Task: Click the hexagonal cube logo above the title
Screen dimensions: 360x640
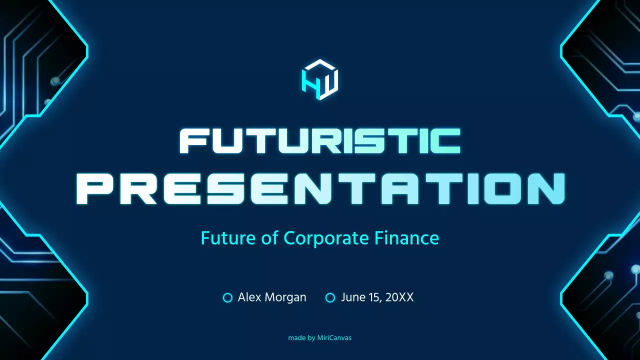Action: pos(320,80)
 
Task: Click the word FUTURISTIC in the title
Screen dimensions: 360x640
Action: pos(320,141)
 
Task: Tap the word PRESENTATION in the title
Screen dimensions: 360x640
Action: pos(320,189)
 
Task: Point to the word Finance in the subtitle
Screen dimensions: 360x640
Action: pos(407,238)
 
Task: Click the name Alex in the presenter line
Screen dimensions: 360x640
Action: pos(248,297)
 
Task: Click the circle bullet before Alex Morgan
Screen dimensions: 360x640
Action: pos(227,298)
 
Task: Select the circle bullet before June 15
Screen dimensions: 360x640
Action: pos(330,298)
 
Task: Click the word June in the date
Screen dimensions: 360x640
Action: pos(352,297)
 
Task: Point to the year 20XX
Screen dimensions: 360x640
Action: pos(399,297)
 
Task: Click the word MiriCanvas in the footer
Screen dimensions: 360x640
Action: pos(334,338)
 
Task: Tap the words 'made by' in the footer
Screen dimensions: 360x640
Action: pos(301,338)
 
